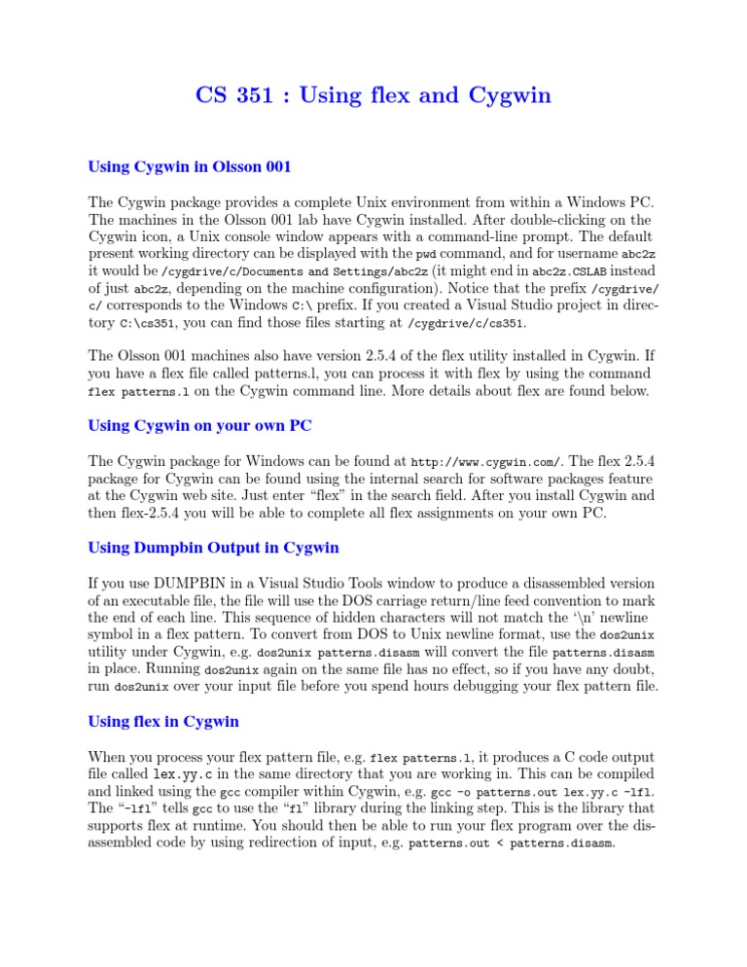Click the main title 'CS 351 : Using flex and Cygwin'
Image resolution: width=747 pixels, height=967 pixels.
[373, 95]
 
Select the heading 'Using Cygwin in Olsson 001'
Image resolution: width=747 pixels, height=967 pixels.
[190, 166]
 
